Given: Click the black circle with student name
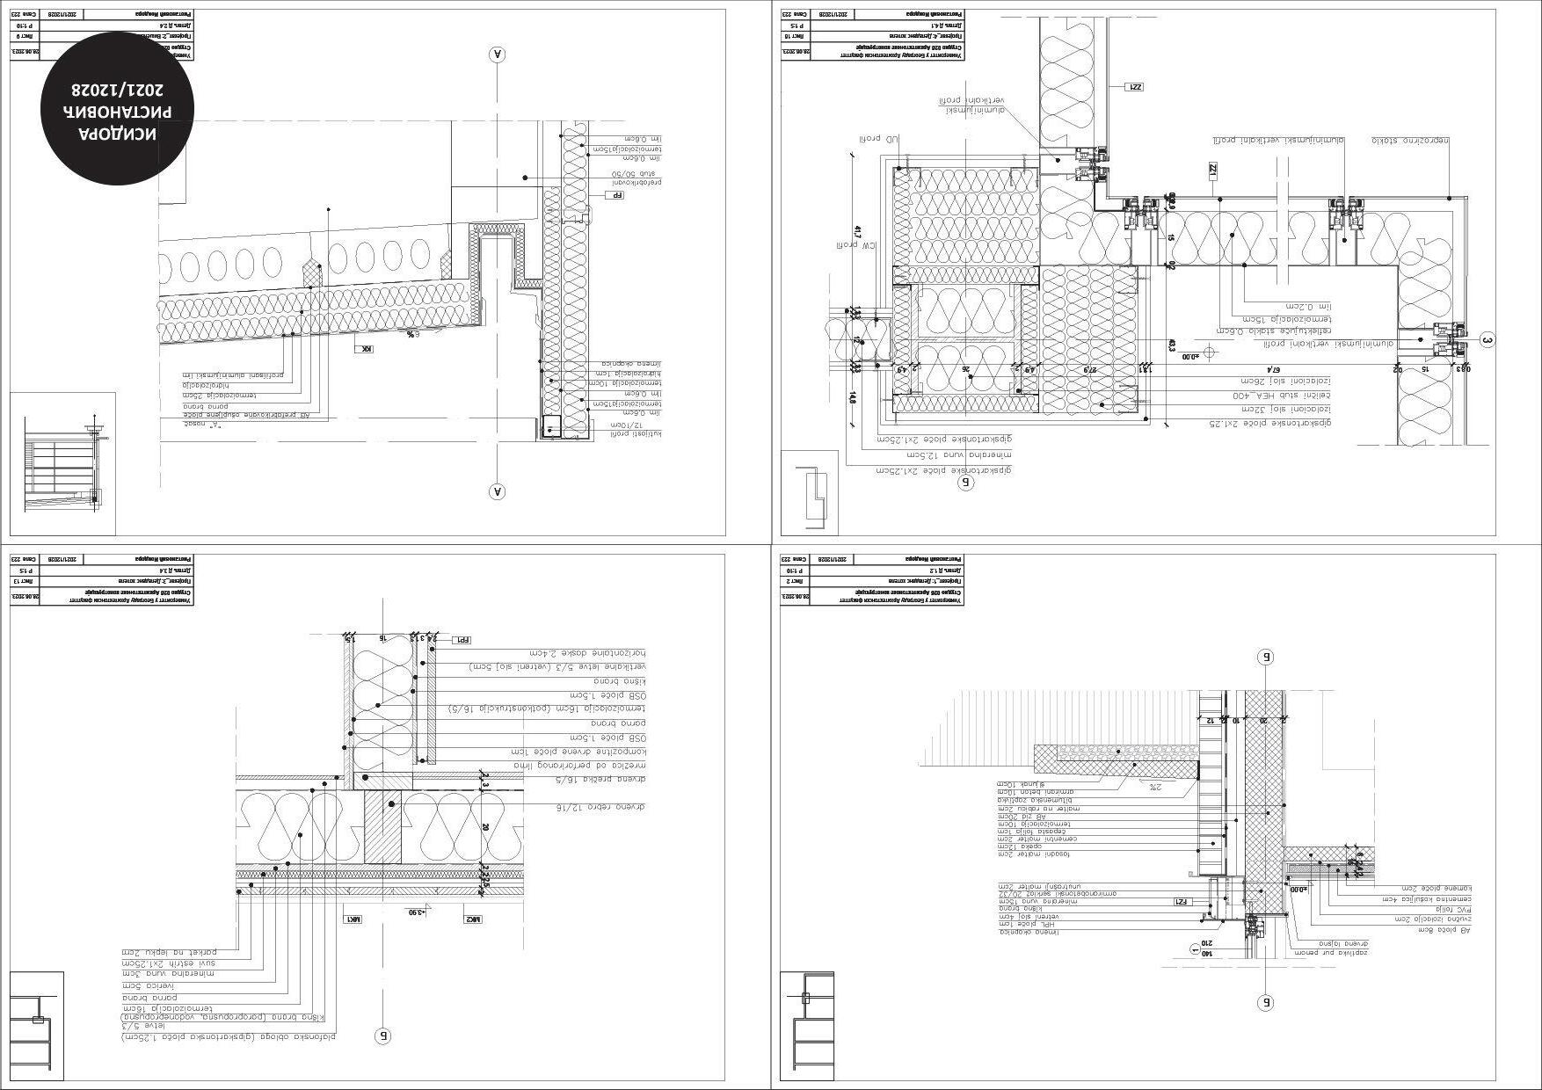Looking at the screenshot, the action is click(x=116, y=107).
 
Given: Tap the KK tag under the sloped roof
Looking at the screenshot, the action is click(x=364, y=349).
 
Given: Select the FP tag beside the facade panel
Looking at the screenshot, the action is click(x=617, y=194).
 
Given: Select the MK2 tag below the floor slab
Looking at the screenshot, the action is click(x=474, y=919).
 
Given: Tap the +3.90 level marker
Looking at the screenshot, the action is click(x=414, y=912).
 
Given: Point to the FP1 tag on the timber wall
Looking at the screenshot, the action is click(x=461, y=640).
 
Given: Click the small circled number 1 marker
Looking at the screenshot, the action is click(x=1194, y=948).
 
